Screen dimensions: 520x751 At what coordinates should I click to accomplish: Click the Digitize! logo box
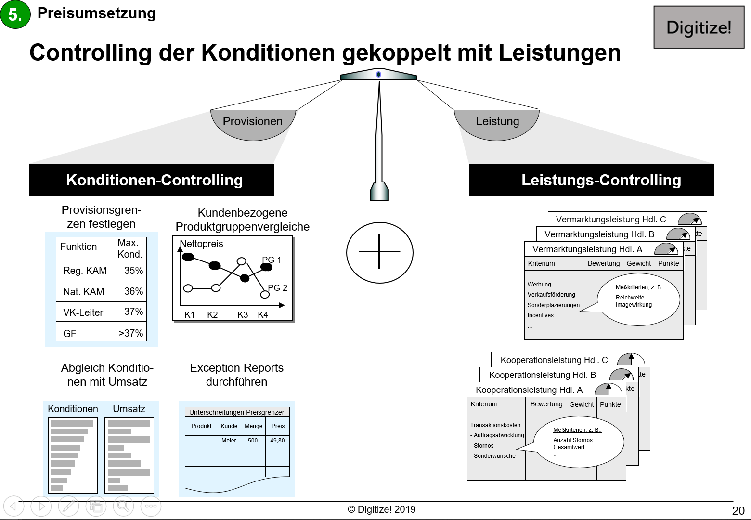point(699,27)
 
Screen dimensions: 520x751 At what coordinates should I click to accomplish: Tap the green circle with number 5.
point(15,14)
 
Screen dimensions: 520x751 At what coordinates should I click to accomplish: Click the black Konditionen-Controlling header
point(151,180)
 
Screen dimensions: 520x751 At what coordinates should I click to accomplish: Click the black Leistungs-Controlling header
point(591,180)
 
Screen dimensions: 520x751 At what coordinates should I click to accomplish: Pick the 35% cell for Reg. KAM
point(133,271)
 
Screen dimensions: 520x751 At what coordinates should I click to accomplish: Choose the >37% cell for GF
point(130,333)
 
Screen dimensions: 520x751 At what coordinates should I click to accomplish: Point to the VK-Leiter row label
point(83,312)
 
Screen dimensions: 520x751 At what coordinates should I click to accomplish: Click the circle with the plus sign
point(380,252)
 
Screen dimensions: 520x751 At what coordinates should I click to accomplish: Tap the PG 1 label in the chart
point(272,260)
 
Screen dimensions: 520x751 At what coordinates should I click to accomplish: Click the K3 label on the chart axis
point(243,315)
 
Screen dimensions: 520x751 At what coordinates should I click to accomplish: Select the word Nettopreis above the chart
point(201,244)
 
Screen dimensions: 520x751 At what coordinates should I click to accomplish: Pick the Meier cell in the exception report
point(229,441)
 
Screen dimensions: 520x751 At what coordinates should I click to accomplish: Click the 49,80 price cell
point(277,441)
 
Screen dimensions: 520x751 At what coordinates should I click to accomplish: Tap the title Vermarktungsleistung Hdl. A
point(587,249)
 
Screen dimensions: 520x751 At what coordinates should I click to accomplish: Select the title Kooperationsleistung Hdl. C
point(554,360)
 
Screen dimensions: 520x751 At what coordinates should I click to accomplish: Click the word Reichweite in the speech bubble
point(630,298)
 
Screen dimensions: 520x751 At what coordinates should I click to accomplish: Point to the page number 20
point(738,511)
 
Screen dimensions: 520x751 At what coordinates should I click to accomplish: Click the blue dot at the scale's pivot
point(379,74)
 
